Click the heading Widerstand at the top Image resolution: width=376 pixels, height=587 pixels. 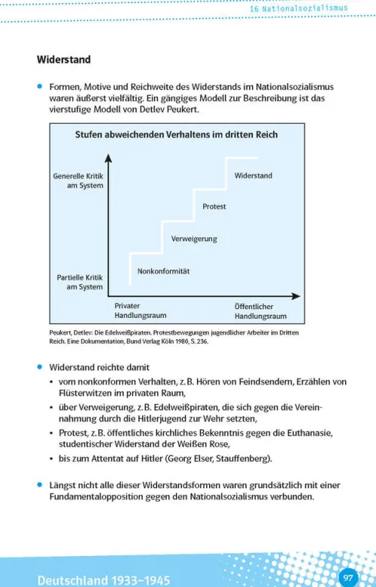point(64,60)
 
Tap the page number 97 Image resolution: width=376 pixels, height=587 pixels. point(348,578)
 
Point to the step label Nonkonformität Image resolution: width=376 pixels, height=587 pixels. point(163,271)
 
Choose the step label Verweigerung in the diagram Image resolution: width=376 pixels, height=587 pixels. point(194,239)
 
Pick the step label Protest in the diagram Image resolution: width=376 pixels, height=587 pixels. point(214,206)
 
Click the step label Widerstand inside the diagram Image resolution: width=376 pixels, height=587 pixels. point(253,176)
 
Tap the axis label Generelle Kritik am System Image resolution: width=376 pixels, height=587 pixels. point(78,181)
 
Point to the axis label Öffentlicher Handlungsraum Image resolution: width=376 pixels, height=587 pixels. point(261,311)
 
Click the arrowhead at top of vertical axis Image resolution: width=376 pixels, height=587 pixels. point(108,158)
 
